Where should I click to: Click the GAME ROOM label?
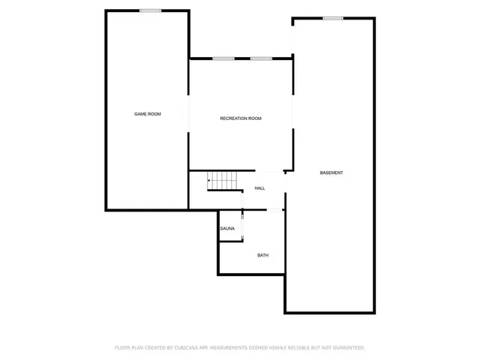tap(148, 114)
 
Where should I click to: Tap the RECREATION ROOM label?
tap(241, 118)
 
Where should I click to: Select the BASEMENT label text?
tap(331, 173)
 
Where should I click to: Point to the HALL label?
tap(259, 188)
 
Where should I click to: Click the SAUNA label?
tap(227, 229)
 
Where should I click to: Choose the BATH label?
tap(262, 255)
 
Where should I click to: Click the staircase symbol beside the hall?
tap(222, 181)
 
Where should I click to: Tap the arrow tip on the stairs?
tap(209, 180)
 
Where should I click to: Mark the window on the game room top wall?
tap(150, 10)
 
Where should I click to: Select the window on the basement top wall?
tap(333, 18)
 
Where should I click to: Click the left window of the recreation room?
tap(223, 58)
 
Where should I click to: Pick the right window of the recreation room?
tap(261, 58)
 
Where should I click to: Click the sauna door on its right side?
tap(242, 227)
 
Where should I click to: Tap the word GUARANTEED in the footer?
tap(348, 348)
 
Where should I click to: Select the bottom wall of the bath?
tap(251, 274)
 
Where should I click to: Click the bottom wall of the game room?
tap(146, 209)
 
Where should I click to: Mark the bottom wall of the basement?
tap(329, 312)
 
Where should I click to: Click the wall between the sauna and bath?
tap(229, 241)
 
